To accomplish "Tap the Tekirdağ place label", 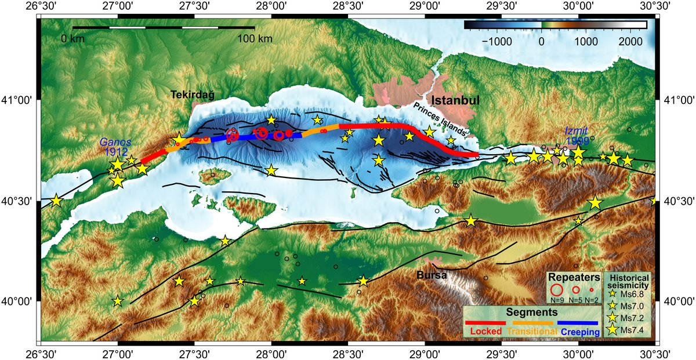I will pos(193,94).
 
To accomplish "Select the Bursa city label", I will pos(432,276).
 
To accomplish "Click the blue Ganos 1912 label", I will pos(115,147).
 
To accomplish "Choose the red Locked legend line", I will pos(486,322).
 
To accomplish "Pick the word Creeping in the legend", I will pos(579,332).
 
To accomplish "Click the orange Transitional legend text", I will pos(531,332).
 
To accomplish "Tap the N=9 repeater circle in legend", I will pos(556,289).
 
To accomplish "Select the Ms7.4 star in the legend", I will pos(612,330).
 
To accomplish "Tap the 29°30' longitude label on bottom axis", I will pos(501,353).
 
